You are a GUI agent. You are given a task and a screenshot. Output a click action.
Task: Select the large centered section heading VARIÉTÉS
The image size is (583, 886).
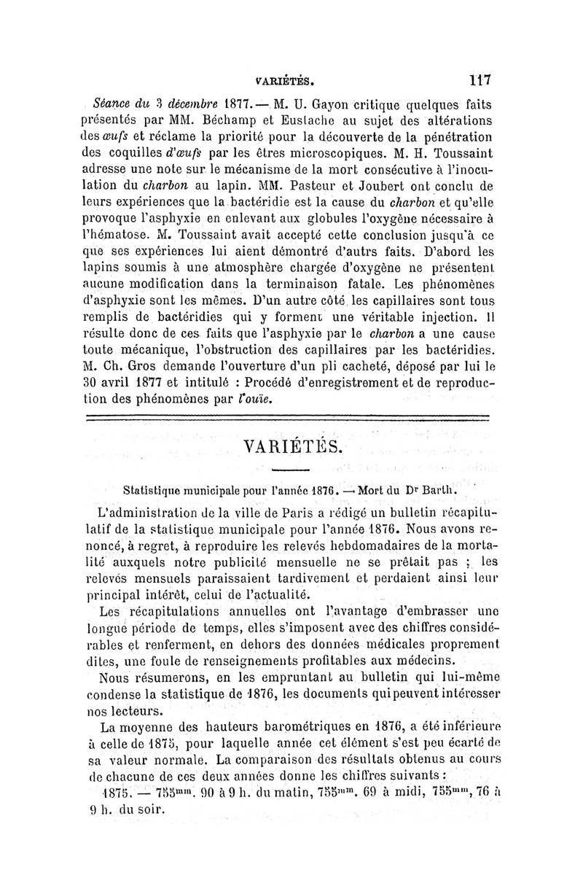(x=291, y=446)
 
